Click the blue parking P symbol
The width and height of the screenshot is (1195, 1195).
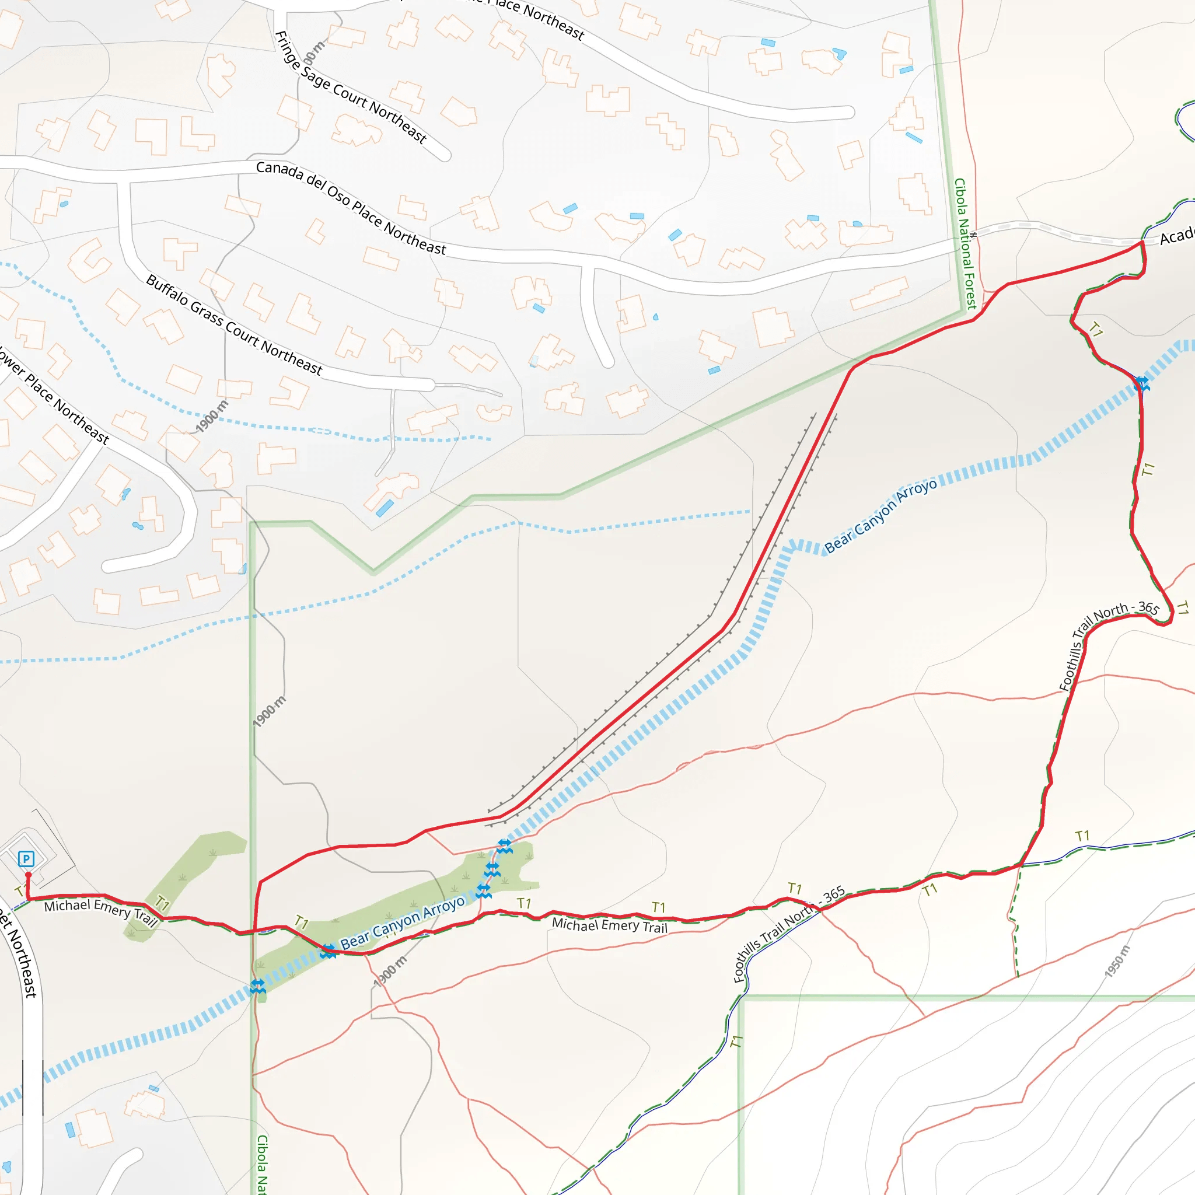click(x=26, y=858)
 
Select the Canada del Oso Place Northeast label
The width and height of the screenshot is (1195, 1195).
click(x=351, y=208)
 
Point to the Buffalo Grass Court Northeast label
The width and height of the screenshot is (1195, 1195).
click(x=235, y=326)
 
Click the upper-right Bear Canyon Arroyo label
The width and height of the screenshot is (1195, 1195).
click(x=880, y=515)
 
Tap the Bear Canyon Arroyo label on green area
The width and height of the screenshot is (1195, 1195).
click(x=403, y=921)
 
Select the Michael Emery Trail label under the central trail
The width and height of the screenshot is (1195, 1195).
click(x=609, y=925)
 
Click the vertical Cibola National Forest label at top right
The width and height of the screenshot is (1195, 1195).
click(x=965, y=244)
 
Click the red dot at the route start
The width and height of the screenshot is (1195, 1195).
click(x=28, y=875)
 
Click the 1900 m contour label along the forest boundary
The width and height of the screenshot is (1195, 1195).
click(x=270, y=711)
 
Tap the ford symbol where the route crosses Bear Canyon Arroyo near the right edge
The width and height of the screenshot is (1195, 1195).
click(x=1142, y=384)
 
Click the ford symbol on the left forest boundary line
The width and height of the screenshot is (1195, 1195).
click(x=258, y=987)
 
